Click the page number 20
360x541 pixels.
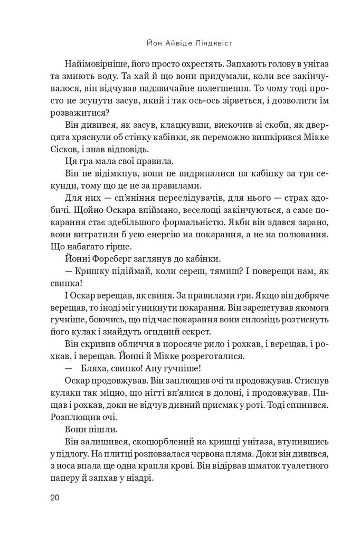point(56,498)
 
